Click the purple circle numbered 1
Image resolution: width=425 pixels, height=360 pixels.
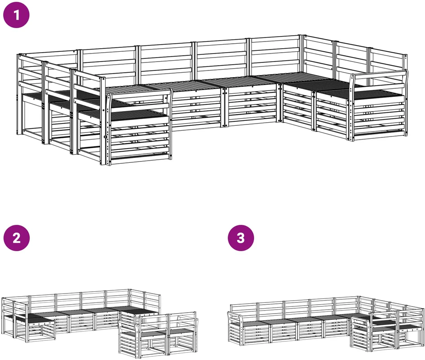point(16,15)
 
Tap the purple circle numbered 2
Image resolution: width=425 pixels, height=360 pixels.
point(17,238)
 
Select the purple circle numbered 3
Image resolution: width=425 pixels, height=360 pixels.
point(241,238)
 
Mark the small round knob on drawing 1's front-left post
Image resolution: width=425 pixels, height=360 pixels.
point(105,137)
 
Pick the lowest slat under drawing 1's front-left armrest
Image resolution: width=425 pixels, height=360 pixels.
point(140,156)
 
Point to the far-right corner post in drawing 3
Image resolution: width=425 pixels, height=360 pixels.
point(424,327)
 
